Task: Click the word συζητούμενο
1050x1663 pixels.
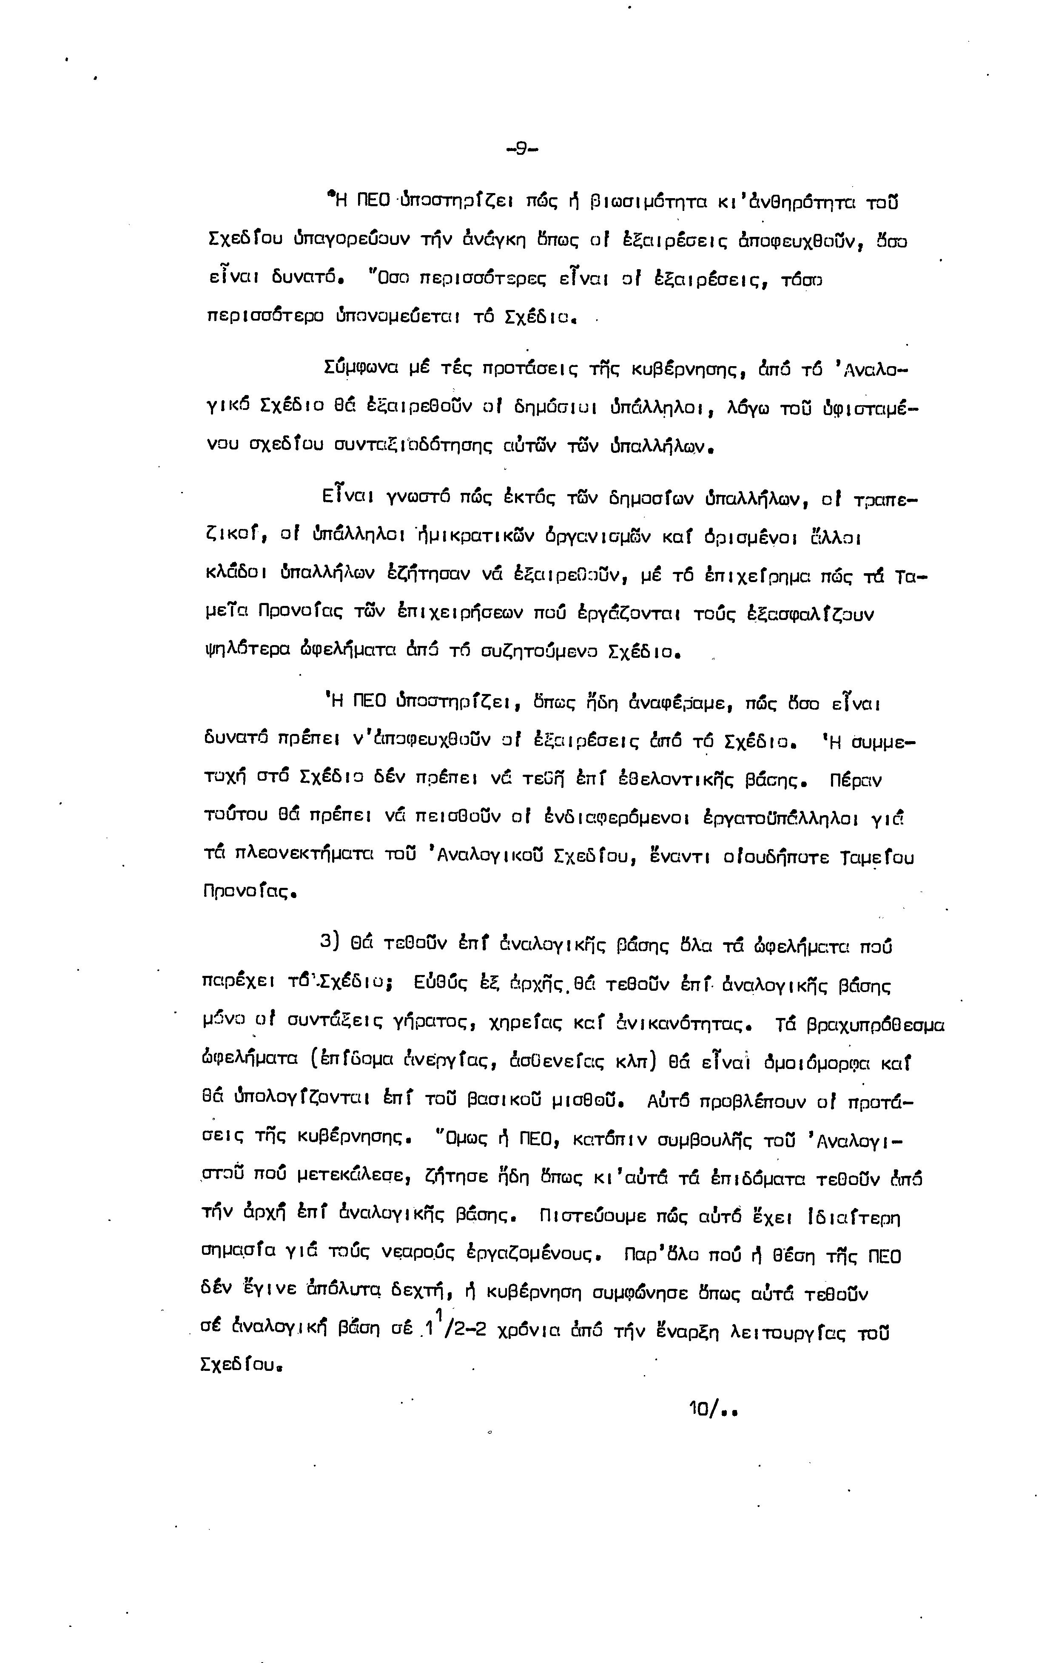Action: pyautogui.click(x=540, y=652)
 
